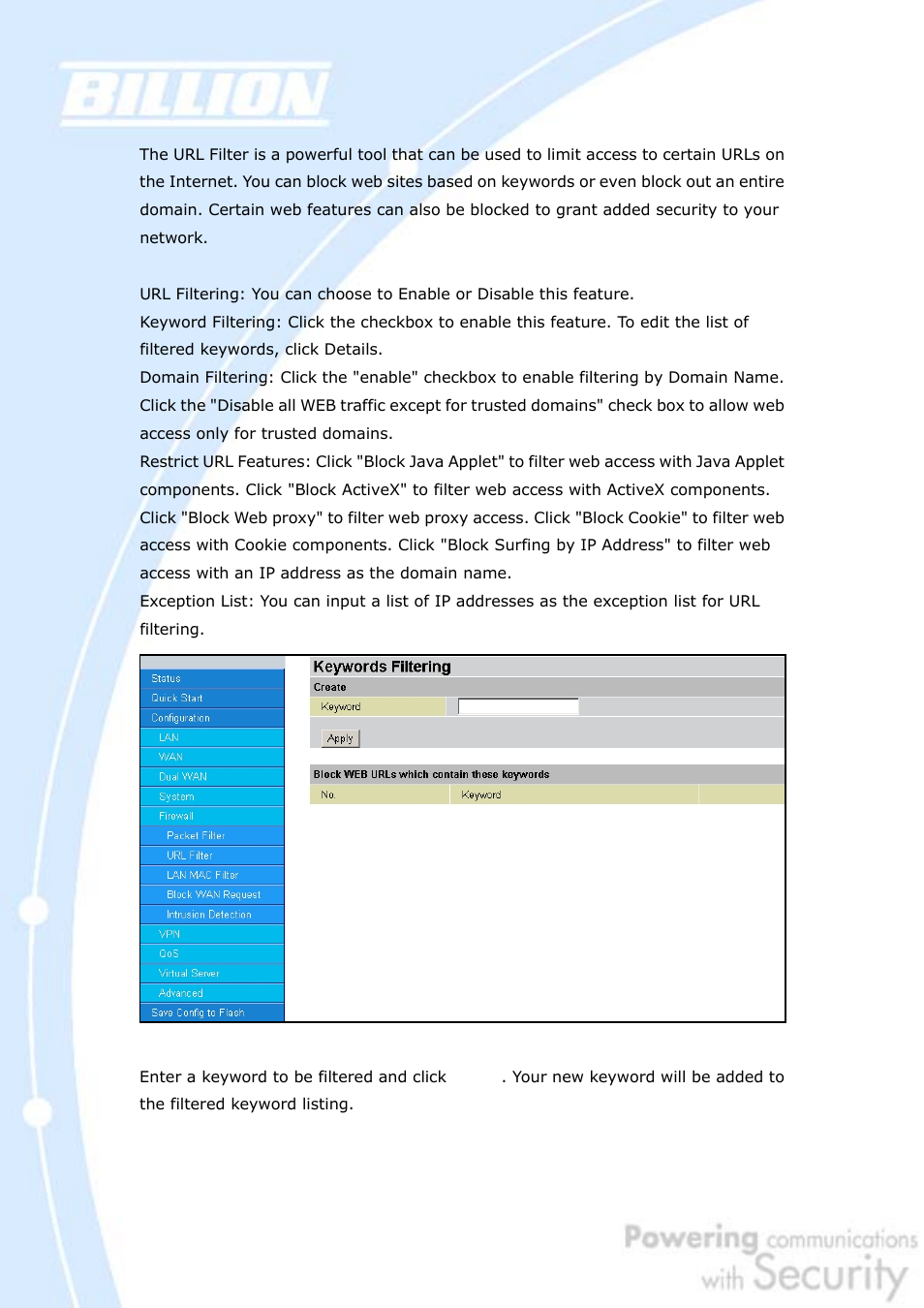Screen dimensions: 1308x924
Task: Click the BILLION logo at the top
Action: [196, 95]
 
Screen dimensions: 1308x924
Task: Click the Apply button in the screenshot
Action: [340, 738]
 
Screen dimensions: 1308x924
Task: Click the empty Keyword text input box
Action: [517, 706]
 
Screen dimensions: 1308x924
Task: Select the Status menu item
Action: [166, 678]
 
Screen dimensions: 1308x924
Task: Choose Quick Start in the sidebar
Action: [177, 698]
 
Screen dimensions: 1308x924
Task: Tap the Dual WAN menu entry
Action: [183, 776]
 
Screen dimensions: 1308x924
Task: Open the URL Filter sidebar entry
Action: [190, 856]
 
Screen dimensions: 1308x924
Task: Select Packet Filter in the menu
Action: [196, 835]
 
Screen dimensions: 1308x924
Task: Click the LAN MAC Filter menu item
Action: [202, 875]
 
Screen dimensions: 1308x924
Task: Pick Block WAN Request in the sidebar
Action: [214, 894]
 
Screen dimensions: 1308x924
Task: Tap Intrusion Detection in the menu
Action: [209, 915]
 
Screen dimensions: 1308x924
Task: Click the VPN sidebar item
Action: [169, 934]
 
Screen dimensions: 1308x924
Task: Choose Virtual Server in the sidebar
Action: [189, 973]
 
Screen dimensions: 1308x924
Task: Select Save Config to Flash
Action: [198, 1012]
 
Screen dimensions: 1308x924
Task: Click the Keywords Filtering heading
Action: [382, 667]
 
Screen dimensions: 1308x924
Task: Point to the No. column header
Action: [328, 794]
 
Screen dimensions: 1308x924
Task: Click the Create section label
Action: [329, 687]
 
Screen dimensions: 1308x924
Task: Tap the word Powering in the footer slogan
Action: [691, 1237]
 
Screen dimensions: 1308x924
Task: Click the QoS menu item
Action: [169, 953]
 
